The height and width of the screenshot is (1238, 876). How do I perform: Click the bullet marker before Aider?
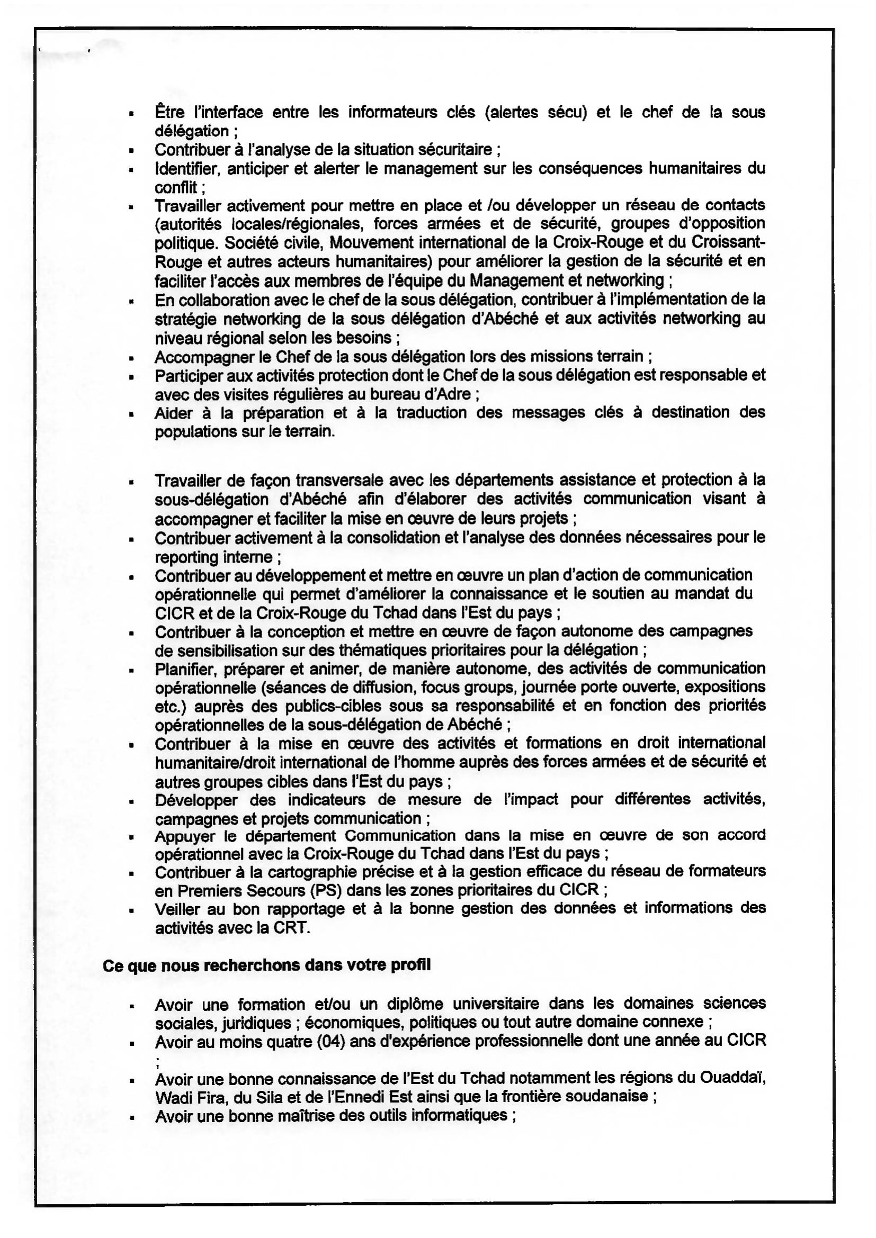(131, 414)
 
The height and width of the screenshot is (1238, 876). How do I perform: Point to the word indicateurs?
(326, 800)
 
